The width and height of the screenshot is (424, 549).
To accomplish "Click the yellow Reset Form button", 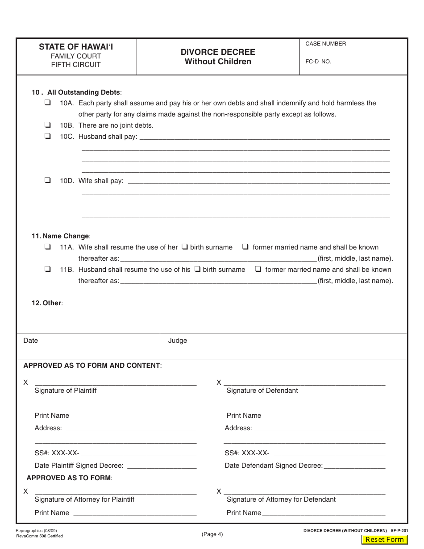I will pyautogui.click(x=384, y=539).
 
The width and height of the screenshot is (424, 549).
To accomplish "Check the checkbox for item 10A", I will pyautogui.click(x=47, y=103).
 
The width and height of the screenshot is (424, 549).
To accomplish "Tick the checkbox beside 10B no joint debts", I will pyautogui.click(x=47, y=125).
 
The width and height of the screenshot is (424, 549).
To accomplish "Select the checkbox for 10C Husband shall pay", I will pyautogui.click(x=47, y=136).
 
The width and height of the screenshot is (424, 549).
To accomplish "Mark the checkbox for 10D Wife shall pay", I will pyautogui.click(x=47, y=180).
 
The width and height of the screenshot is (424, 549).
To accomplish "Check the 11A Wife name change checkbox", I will pyautogui.click(x=47, y=247).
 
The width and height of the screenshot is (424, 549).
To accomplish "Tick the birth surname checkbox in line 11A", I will pyautogui.click(x=184, y=247).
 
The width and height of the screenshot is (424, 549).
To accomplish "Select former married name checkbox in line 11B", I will pyautogui.click(x=258, y=269).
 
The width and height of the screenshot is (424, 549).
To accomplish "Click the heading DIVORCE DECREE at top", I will pyautogui.click(x=218, y=52).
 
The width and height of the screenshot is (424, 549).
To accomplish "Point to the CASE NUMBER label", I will pyautogui.click(x=325, y=44).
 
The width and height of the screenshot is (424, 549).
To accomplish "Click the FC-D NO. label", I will pyautogui.click(x=318, y=62).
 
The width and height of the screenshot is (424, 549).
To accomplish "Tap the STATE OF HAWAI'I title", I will pyautogui.click(x=76, y=46).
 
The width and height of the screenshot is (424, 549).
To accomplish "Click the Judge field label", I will pyautogui.click(x=178, y=341).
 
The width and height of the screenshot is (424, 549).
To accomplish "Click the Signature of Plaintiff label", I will pyautogui.click(x=66, y=391).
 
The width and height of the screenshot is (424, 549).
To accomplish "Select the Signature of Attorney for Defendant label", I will pyautogui.click(x=281, y=499).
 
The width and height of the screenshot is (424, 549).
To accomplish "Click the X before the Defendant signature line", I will pyautogui.click(x=219, y=383).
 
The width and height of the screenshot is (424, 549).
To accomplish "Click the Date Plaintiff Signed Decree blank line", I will pyautogui.click(x=162, y=466).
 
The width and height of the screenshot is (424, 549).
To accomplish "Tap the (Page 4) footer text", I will pyautogui.click(x=212, y=534).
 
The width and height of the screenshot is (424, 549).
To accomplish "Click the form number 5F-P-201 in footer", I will pyautogui.click(x=399, y=531).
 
